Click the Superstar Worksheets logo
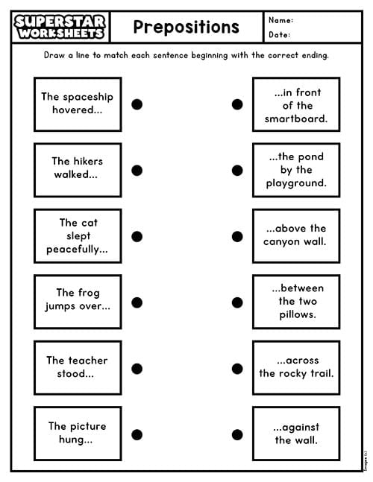click(60, 27)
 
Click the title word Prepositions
click(186, 27)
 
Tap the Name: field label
click(280, 20)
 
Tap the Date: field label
click(279, 34)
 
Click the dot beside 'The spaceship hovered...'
click(137, 104)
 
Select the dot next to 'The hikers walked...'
click(137, 171)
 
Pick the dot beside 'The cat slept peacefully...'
click(137, 236)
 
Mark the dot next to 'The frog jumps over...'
click(137, 302)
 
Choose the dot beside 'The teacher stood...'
click(137, 369)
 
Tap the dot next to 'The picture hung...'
click(137, 434)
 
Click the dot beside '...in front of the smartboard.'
click(237, 104)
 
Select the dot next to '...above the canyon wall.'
click(237, 236)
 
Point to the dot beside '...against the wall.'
click(237, 434)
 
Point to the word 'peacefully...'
click(77, 250)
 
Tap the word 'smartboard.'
click(296, 118)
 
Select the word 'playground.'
click(296, 183)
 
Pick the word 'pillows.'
click(298, 315)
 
